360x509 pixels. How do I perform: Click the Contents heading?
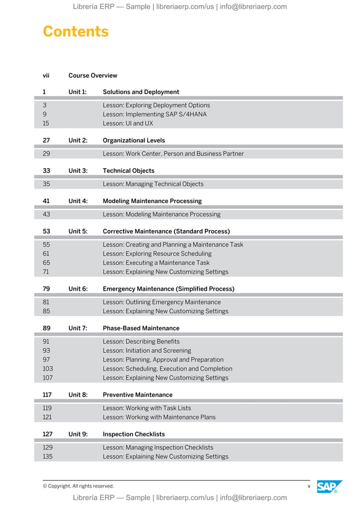(x=76, y=32)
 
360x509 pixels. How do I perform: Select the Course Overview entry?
(x=93, y=76)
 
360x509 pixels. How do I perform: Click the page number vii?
(x=46, y=76)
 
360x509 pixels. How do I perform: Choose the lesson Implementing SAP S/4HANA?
(x=154, y=114)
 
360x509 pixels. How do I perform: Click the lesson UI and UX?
(x=128, y=123)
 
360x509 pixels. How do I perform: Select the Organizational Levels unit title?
(x=134, y=140)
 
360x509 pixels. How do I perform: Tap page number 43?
(x=46, y=214)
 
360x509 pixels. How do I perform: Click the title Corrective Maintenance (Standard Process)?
(x=166, y=231)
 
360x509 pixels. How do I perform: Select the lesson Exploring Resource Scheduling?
(x=157, y=254)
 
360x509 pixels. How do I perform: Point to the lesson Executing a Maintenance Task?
(x=156, y=263)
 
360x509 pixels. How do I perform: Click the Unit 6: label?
(x=78, y=289)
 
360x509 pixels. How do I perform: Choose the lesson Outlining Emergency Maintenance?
(x=161, y=302)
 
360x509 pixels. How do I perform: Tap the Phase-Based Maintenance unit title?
(x=141, y=328)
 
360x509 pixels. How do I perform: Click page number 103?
(x=47, y=369)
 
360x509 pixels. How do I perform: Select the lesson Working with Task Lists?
(x=147, y=409)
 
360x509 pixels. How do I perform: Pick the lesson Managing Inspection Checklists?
(x=157, y=447)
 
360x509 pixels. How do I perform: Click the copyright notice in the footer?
(x=78, y=486)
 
